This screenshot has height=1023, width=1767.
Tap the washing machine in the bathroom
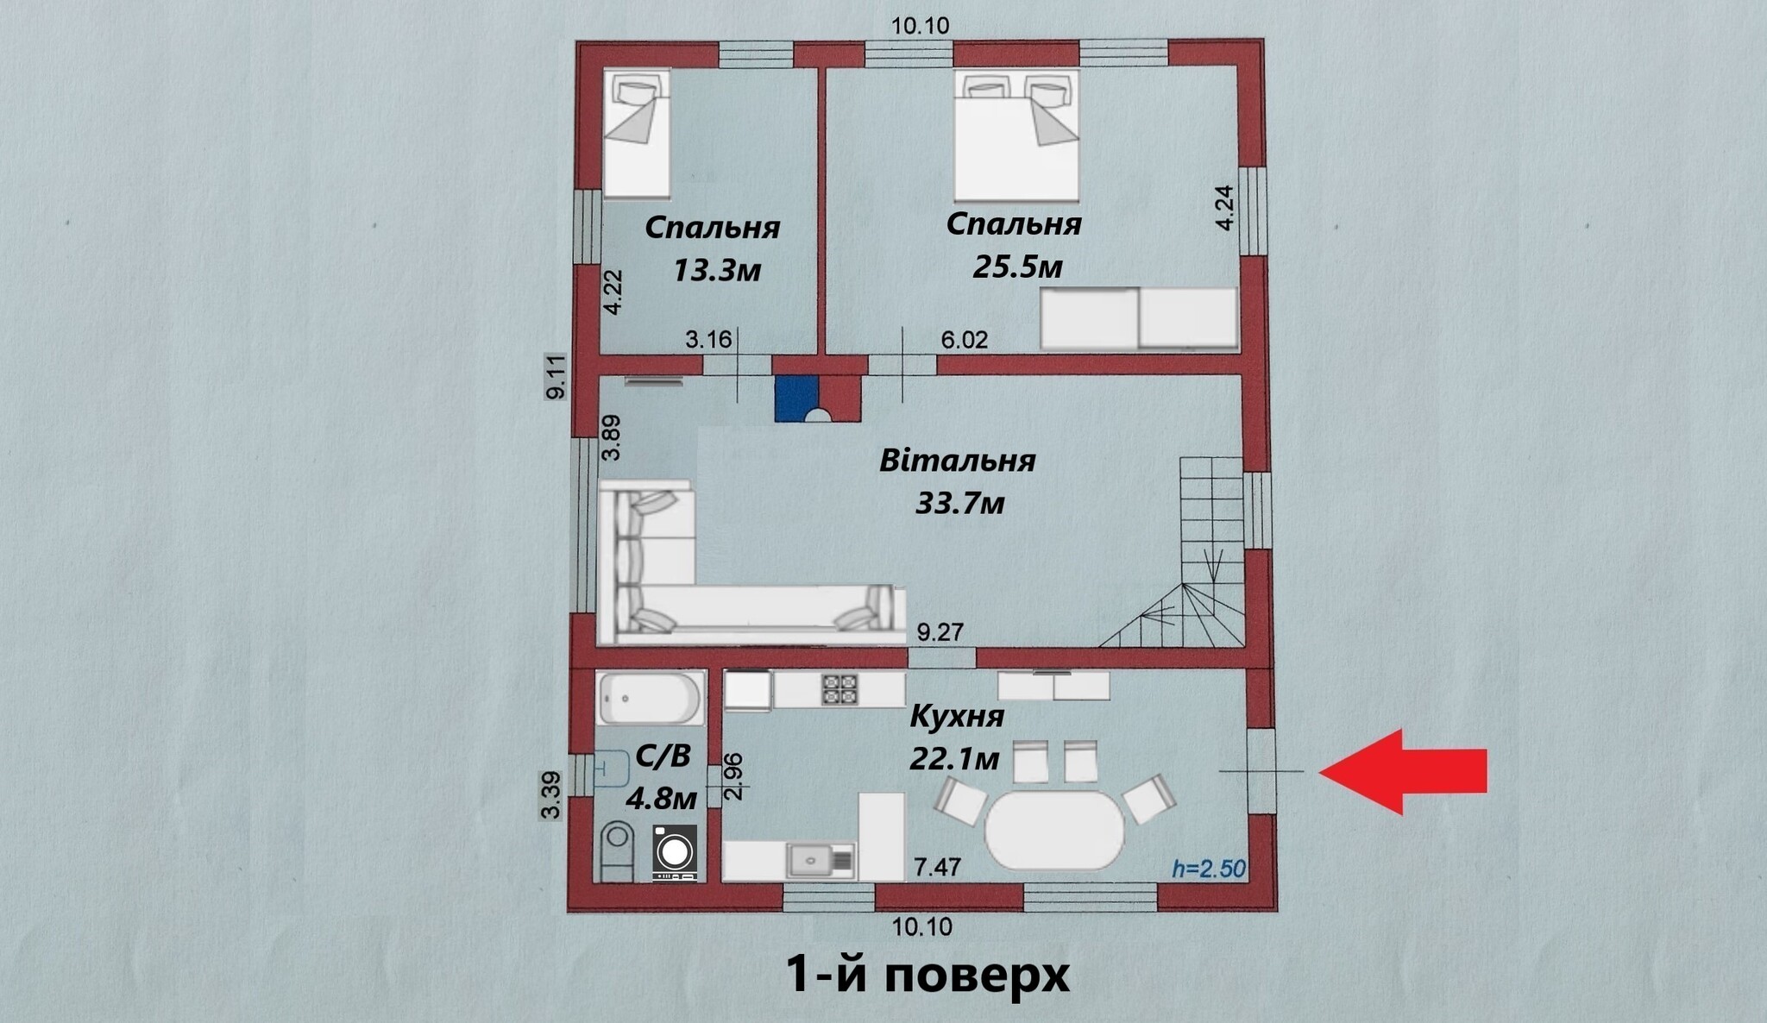pyautogui.click(x=674, y=852)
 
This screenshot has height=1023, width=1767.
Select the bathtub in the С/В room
pyautogui.click(x=651, y=698)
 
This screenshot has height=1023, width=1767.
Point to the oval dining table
pyautogui.click(x=1054, y=831)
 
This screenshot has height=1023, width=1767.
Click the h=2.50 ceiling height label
pyautogui.click(x=1209, y=868)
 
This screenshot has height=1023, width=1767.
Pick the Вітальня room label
pyautogui.click(x=957, y=461)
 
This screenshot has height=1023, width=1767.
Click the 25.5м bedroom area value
pyautogui.click(x=1017, y=267)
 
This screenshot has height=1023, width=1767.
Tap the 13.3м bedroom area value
pyautogui.click(x=716, y=271)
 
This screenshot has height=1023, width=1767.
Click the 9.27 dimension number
pyautogui.click(x=940, y=632)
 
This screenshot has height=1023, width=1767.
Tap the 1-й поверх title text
pyautogui.click(x=928, y=975)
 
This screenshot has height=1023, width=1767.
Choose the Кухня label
pyautogui.click(x=957, y=716)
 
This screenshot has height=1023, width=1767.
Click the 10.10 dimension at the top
pyautogui.click(x=920, y=26)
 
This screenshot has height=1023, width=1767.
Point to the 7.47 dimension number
pyautogui.click(x=937, y=866)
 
